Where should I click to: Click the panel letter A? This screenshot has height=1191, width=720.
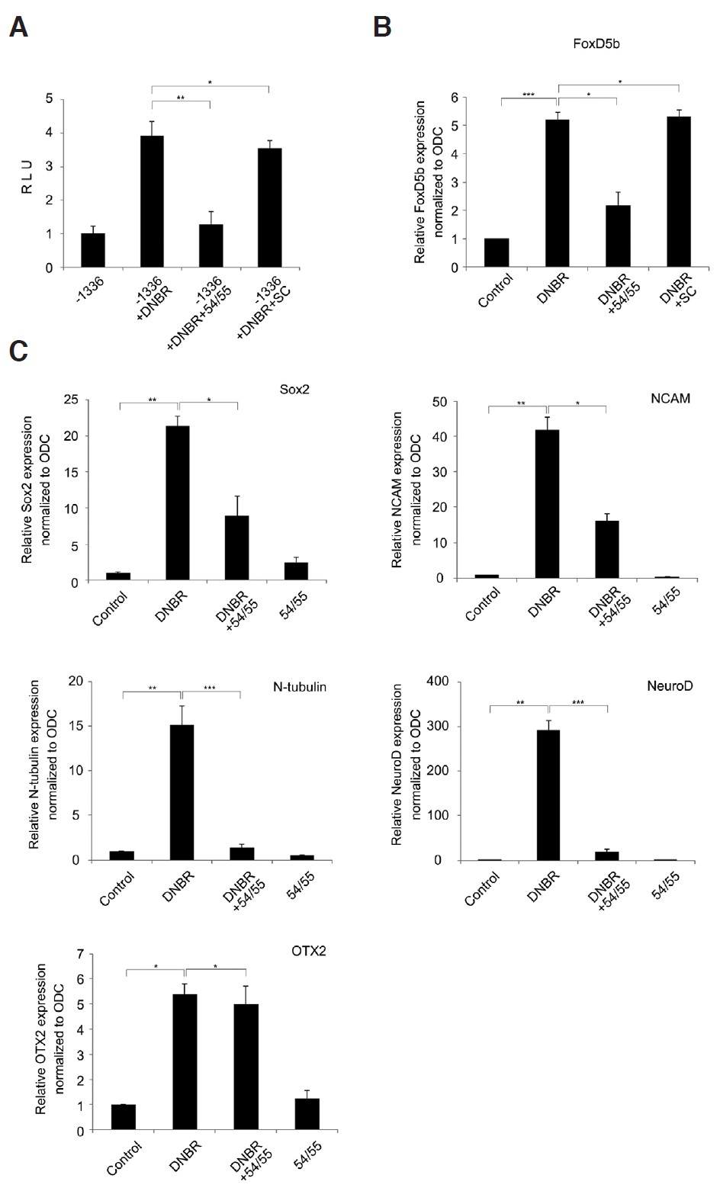[x=19, y=28]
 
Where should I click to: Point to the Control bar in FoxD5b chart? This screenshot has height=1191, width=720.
[x=496, y=253]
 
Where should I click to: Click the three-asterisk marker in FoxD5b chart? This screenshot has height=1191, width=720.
[x=529, y=94]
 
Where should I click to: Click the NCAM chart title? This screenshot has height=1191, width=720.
[x=674, y=398]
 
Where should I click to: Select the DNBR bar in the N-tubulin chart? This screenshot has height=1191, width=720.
[x=182, y=792]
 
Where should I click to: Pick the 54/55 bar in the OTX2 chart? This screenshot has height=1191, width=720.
[x=307, y=1114]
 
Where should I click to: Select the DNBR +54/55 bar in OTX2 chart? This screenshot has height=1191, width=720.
[x=246, y=1067]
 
